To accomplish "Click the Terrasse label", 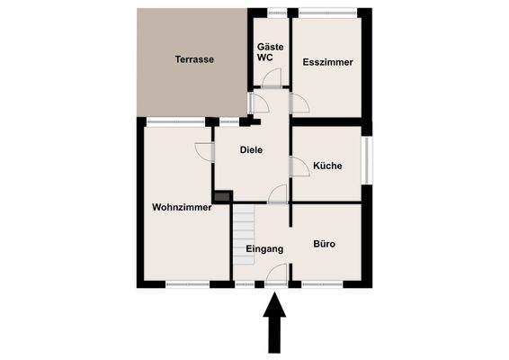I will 194,59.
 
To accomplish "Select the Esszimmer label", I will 328,62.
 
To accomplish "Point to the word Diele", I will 251,150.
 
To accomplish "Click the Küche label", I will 327,166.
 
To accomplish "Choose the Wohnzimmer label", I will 182,207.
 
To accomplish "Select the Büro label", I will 324,243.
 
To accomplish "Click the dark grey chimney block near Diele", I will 222,195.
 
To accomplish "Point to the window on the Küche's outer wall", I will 367,159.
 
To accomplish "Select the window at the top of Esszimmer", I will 327,12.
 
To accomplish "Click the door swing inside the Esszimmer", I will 299,103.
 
